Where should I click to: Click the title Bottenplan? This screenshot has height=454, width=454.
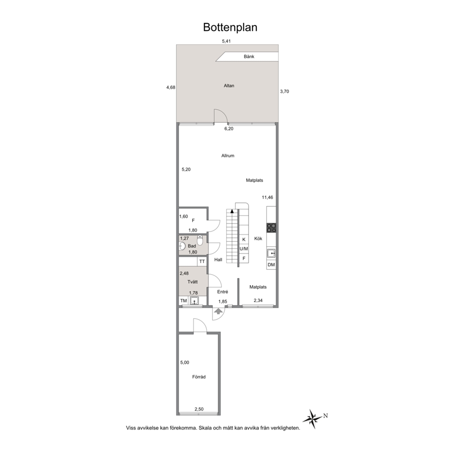230,27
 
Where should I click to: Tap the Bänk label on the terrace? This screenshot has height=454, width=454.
249,56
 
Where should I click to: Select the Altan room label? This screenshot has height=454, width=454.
229,86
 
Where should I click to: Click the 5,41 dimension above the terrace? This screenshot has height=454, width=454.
226,41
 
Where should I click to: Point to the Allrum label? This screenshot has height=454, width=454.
228,156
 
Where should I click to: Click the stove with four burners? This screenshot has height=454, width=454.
271,228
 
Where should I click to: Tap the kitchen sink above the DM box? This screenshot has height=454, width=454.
271,254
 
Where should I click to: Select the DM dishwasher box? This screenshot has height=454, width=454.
271,265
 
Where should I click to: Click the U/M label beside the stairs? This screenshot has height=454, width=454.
244,249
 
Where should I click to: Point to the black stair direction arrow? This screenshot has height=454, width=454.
232,211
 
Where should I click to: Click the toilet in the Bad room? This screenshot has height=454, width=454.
200,240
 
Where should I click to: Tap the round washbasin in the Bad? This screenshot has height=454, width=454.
182,246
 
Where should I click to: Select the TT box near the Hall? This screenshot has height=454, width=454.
202,261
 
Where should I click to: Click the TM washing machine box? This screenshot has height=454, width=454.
184,301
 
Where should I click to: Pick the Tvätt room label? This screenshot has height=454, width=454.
193,282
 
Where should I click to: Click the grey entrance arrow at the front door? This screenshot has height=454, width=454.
218,311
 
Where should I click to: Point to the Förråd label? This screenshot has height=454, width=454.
199,377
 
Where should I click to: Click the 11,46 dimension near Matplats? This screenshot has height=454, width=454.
268,197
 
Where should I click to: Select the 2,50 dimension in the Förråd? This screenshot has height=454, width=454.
199,409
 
